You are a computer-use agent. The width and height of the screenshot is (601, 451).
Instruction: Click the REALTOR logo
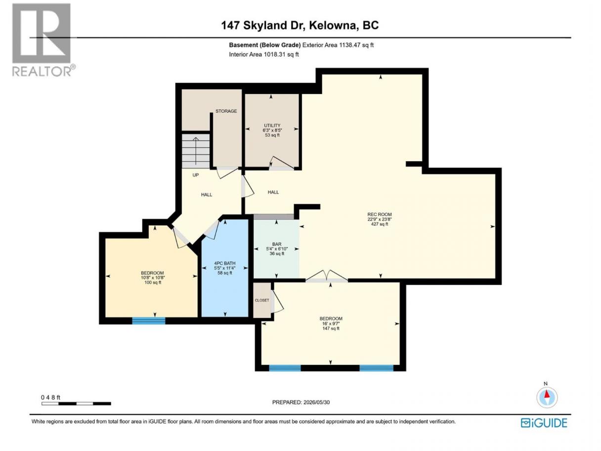[x=44, y=40]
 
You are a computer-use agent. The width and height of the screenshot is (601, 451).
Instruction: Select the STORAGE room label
[x=226, y=111]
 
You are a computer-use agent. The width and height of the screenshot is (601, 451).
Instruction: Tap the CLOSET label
[x=262, y=300]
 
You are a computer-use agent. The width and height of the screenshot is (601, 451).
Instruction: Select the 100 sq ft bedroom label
[x=152, y=277]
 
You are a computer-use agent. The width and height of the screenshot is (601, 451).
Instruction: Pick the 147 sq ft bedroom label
[x=331, y=323]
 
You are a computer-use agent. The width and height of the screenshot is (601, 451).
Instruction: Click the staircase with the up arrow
[x=196, y=151]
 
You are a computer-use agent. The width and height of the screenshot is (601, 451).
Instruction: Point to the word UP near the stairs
[x=196, y=175]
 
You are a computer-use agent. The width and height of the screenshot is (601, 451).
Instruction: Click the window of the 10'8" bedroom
[x=149, y=320]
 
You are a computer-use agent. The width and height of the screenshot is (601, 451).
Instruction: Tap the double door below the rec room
[x=326, y=276]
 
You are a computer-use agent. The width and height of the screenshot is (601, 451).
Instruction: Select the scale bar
[x=76, y=404]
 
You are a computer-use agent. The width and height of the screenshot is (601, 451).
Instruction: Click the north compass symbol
[x=547, y=398]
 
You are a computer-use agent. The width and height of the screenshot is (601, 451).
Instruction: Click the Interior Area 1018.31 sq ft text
[x=263, y=54]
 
